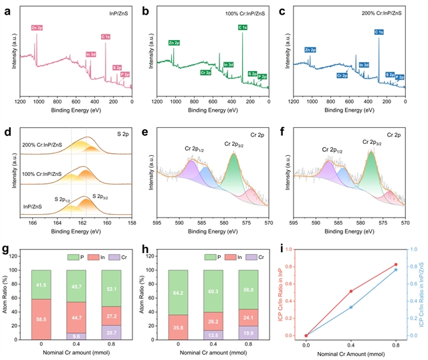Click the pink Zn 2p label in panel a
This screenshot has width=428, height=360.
coord(36,27)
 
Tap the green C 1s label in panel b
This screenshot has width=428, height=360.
coord(242,27)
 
